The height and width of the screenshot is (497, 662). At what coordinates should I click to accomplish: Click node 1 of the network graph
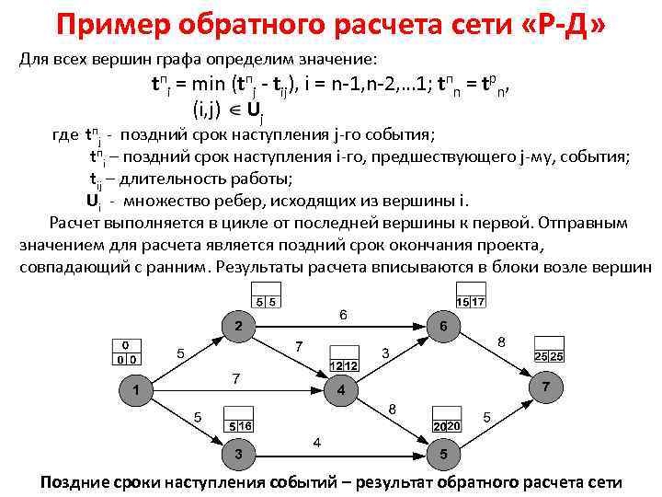click(136, 391)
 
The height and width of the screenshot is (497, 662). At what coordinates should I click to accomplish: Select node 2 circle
click(239, 328)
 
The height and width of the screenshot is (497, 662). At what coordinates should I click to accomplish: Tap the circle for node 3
click(239, 454)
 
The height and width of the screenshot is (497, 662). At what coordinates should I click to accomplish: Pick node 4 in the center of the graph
click(341, 391)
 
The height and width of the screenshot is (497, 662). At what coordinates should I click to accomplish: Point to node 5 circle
click(444, 454)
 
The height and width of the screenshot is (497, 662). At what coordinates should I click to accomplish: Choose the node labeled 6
click(444, 328)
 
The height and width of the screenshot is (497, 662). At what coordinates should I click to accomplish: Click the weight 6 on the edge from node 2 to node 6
click(343, 315)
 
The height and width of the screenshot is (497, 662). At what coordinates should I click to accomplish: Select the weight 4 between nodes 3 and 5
click(317, 443)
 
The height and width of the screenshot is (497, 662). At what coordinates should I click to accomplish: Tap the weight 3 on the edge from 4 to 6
click(386, 353)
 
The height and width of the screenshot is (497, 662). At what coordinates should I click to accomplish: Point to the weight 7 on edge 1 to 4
click(236, 378)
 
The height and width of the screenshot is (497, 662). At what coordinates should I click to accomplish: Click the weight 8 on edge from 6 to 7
click(501, 341)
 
